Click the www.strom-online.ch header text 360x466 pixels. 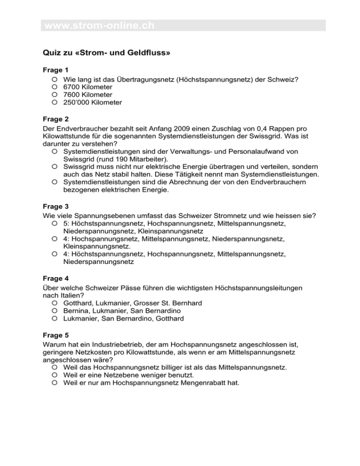click(99, 25)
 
